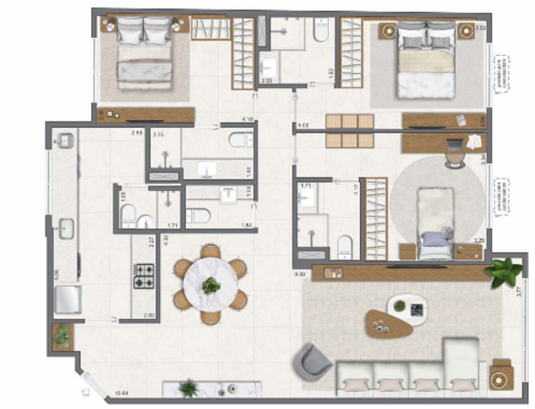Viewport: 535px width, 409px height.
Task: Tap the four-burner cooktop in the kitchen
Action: click(x=143, y=276)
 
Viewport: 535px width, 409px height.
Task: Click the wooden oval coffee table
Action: click(x=389, y=323)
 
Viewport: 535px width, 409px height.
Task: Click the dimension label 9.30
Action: click(x=300, y=274)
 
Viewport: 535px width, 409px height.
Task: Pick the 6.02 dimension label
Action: click(x=303, y=126)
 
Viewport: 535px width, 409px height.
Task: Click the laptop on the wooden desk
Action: click(x=455, y=144)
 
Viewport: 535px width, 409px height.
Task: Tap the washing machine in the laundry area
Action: click(x=68, y=299)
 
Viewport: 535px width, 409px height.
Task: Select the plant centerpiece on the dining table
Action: click(x=211, y=285)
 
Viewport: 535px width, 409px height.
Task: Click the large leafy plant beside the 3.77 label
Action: click(x=503, y=271)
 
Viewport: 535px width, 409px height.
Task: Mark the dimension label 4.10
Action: click(x=247, y=119)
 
